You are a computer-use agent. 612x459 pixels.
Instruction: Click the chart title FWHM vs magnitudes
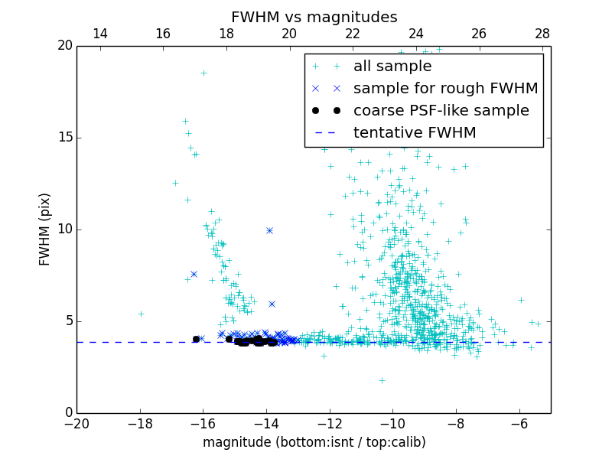coord(314,17)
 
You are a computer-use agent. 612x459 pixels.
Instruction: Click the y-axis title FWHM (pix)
coord(45,229)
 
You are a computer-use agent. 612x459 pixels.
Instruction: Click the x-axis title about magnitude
coord(314,442)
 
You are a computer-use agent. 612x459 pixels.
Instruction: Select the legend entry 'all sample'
coord(392,67)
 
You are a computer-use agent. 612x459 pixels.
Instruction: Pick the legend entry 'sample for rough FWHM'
coord(445,88)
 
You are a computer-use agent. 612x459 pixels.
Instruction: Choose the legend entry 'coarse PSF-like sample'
coord(441,110)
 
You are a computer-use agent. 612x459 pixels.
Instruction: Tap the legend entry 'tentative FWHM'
coord(415,132)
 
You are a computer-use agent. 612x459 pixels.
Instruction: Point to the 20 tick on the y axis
coord(64,46)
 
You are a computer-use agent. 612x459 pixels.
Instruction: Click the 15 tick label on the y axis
coord(64,138)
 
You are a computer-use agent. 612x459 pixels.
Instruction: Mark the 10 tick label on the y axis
coord(64,229)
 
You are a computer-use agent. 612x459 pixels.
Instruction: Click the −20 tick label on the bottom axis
coord(76,423)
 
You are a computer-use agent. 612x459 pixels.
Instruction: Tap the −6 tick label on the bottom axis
coord(519,423)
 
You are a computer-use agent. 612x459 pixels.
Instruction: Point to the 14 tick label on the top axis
coord(99,34)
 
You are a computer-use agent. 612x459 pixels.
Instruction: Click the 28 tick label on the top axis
coord(542,34)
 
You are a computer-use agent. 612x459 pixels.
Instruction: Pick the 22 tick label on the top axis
coord(353,34)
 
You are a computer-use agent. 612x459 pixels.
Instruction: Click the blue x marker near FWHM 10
coord(269,230)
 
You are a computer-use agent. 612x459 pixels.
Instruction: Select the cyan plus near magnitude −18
coord(141,314)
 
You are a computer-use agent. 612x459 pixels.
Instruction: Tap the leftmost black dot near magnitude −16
coord(196,339)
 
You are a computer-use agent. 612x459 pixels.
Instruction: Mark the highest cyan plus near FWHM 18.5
coord(203,73)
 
